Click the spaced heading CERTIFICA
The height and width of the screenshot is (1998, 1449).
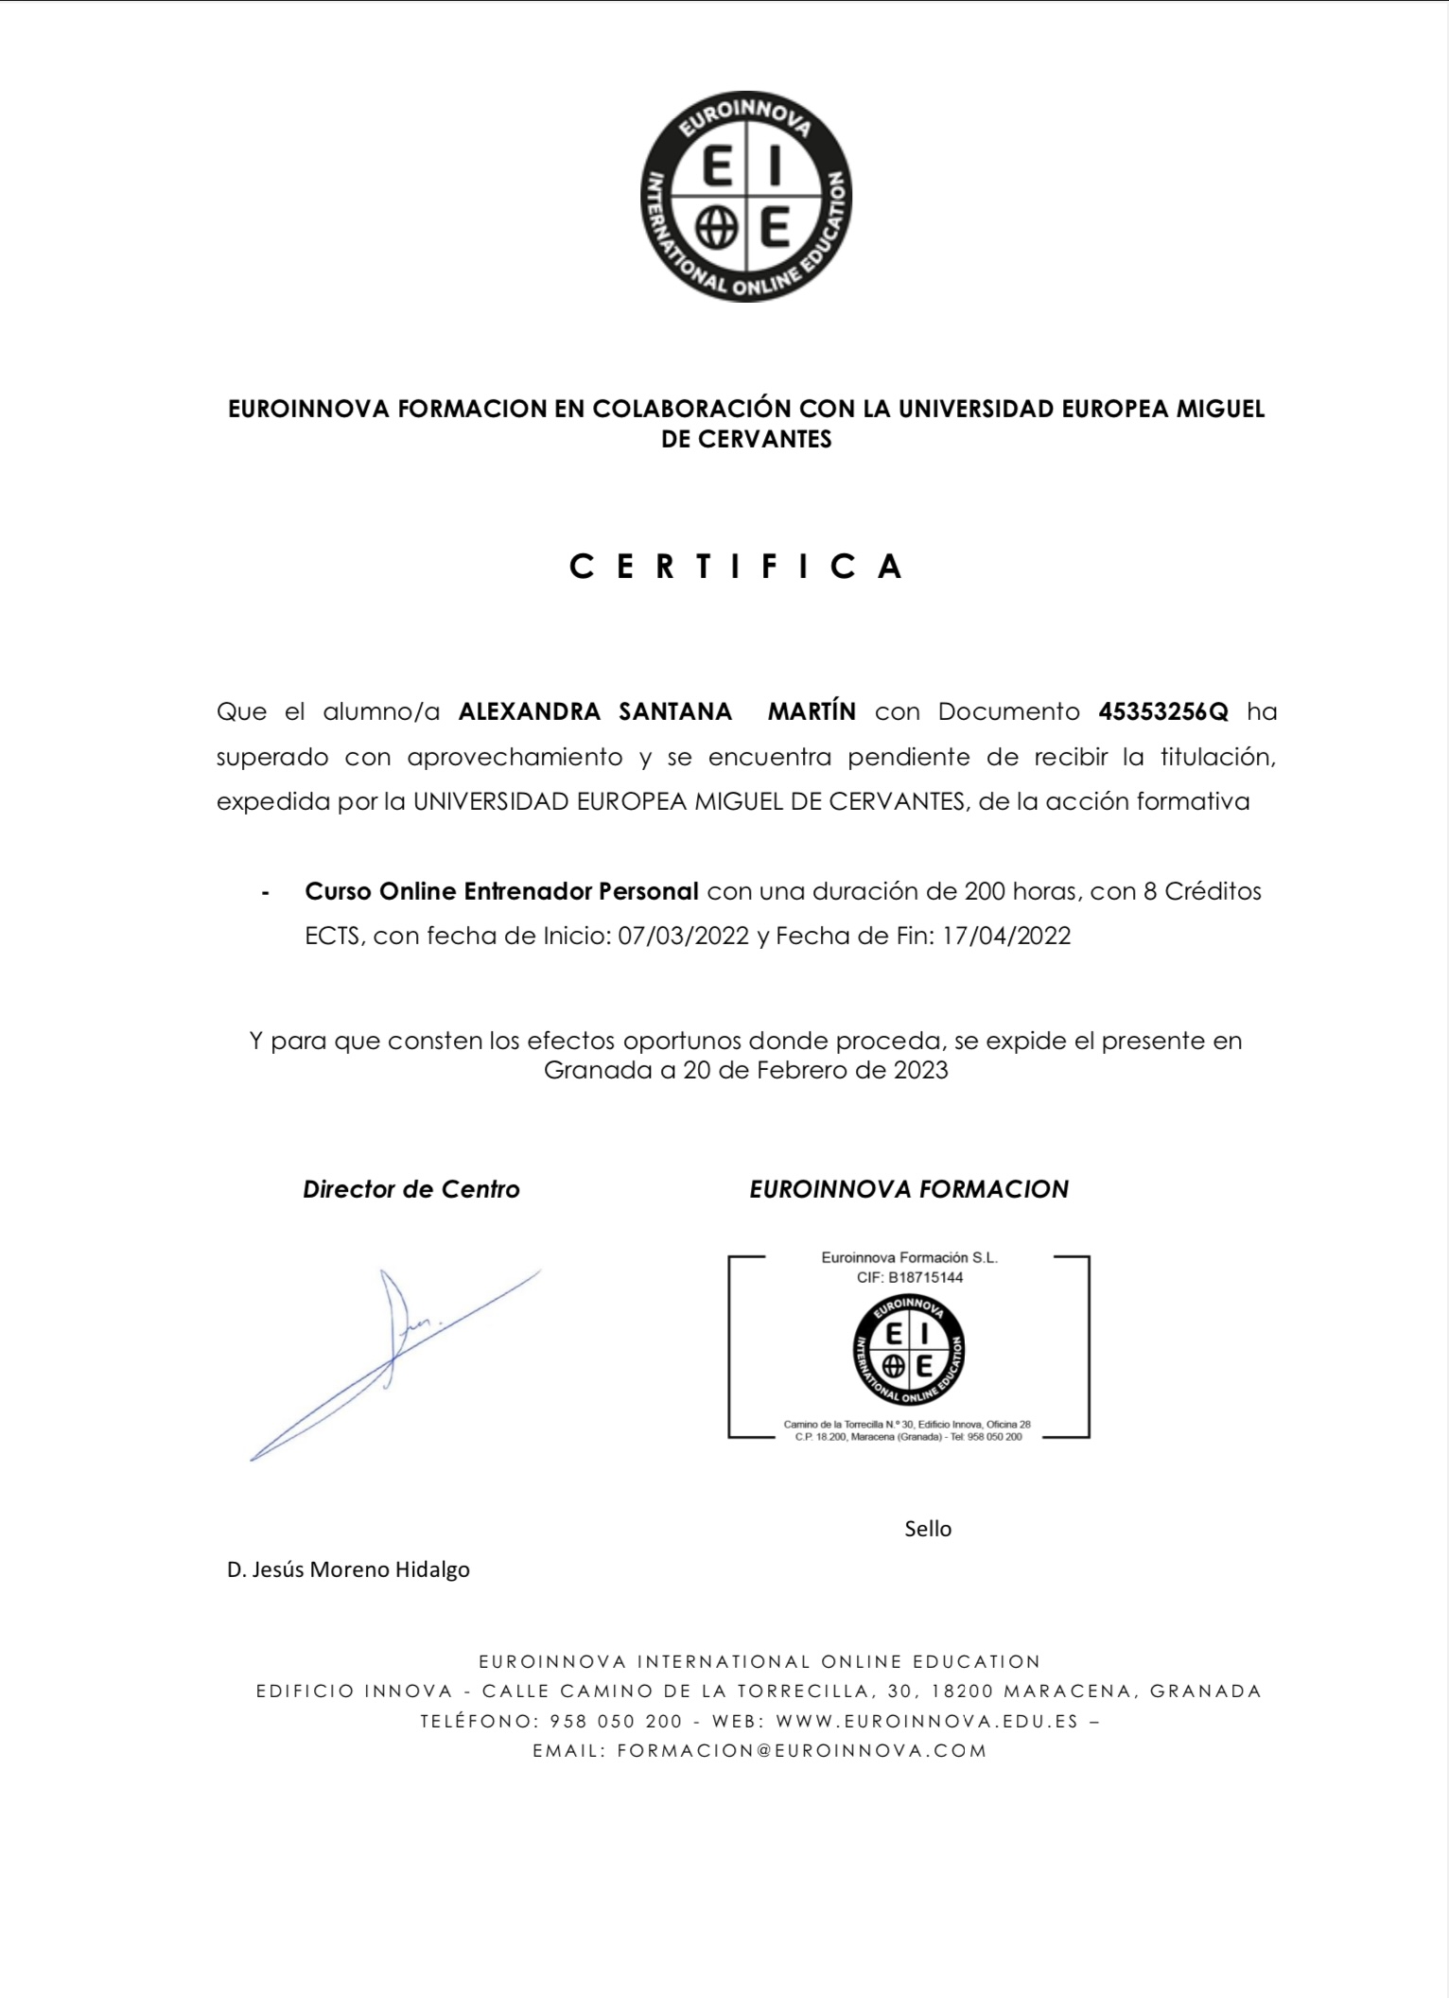point(737,566)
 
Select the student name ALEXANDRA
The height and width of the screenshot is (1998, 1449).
point(529,711)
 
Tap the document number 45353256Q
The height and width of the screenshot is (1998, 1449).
point(1163,711)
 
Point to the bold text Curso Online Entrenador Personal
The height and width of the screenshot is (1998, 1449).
point(501,891)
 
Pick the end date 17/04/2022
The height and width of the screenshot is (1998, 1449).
point(1006,936)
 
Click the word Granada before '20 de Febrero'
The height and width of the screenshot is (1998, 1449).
point(598,1070)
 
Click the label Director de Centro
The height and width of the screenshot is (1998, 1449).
point(411,1189)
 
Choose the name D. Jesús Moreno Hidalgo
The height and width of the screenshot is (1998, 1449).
point(348,1569)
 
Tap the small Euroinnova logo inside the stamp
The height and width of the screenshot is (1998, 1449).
point(908,1350)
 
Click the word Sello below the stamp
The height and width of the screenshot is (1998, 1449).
point(928,1529)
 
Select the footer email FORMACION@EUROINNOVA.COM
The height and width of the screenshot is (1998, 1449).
point(802,1750)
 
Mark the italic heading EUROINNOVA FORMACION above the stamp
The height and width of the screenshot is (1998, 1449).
point(909,1189)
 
